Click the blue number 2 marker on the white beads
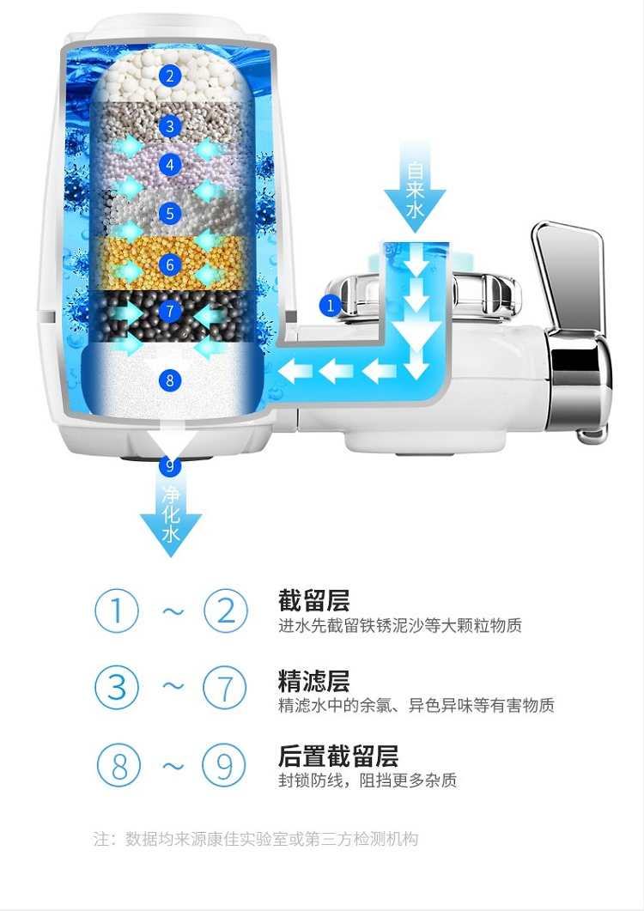click(170, 76)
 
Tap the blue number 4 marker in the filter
click(170, 165)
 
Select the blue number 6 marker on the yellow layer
click(170, 265)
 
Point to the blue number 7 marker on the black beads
click(170, 311)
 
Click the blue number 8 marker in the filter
click(170, 380)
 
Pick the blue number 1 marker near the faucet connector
click(331, 305)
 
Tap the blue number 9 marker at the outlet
click(170, 466)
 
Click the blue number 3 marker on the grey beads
click(170, 126)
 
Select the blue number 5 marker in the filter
click(170, 213)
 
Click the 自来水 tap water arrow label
click(415, 190)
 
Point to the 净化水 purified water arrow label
click(170, 515)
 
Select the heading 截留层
click(314, 601)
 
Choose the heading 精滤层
click(314, 680)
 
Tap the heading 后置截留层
click(338, 756)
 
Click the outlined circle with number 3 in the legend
click(117, 688)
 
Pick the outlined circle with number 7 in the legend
click(225, 688)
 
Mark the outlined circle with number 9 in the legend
click(224, 765)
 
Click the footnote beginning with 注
click(256, 839)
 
